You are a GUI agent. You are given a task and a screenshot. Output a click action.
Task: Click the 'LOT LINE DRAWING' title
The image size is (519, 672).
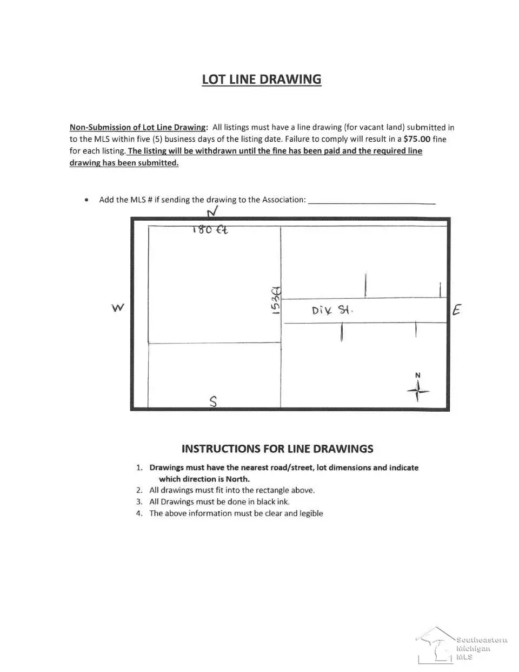261,79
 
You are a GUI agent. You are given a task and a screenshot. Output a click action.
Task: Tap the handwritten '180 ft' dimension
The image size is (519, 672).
210,229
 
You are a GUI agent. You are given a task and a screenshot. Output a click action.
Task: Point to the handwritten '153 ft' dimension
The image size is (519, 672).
276,299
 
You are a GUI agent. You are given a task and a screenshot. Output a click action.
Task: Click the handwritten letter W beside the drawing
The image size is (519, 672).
117,308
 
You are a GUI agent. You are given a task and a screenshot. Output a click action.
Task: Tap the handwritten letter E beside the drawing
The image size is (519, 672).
457,310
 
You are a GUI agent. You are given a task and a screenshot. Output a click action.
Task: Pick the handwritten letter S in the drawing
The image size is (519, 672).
214,401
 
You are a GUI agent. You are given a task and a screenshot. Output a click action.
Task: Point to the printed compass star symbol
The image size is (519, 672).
418,390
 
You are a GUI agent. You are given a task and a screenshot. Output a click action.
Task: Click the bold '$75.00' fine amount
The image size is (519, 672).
417,139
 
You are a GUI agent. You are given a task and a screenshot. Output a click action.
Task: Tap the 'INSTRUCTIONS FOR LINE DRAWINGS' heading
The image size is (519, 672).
277,449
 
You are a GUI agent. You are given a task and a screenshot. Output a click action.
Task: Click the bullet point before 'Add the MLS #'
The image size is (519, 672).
86,200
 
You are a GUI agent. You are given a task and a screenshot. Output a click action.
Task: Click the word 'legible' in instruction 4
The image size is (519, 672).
310,513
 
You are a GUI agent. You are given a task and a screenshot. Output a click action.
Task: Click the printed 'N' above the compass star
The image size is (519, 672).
417,375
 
